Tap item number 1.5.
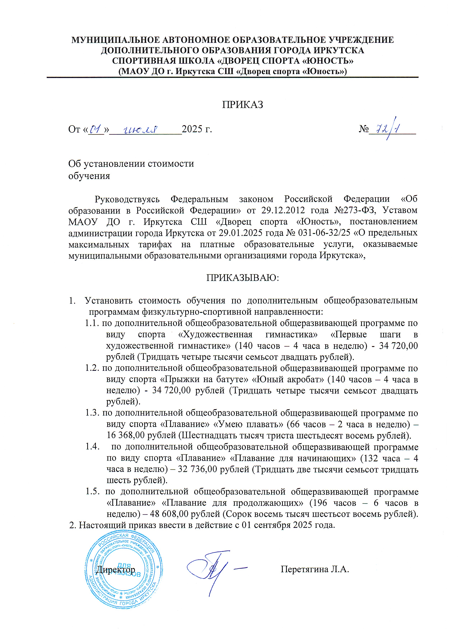click(x=92, y=491)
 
